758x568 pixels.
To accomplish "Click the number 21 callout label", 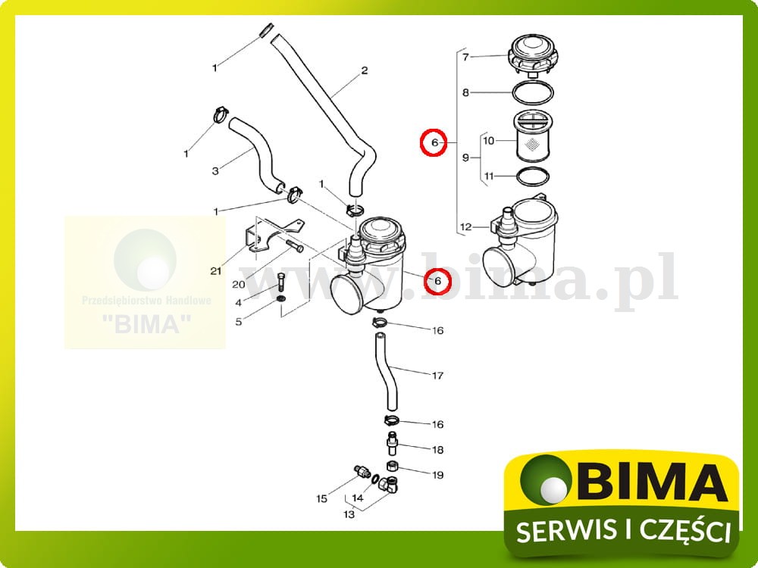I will [215, 270].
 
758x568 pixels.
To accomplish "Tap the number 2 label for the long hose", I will [364, 70].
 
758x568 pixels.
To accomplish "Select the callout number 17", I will [437, 376].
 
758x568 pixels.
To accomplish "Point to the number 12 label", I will [465, 226].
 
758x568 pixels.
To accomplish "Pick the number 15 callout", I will [321, 498].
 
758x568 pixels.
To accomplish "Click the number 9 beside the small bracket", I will [465, 158].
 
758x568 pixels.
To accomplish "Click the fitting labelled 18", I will [393, 442].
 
